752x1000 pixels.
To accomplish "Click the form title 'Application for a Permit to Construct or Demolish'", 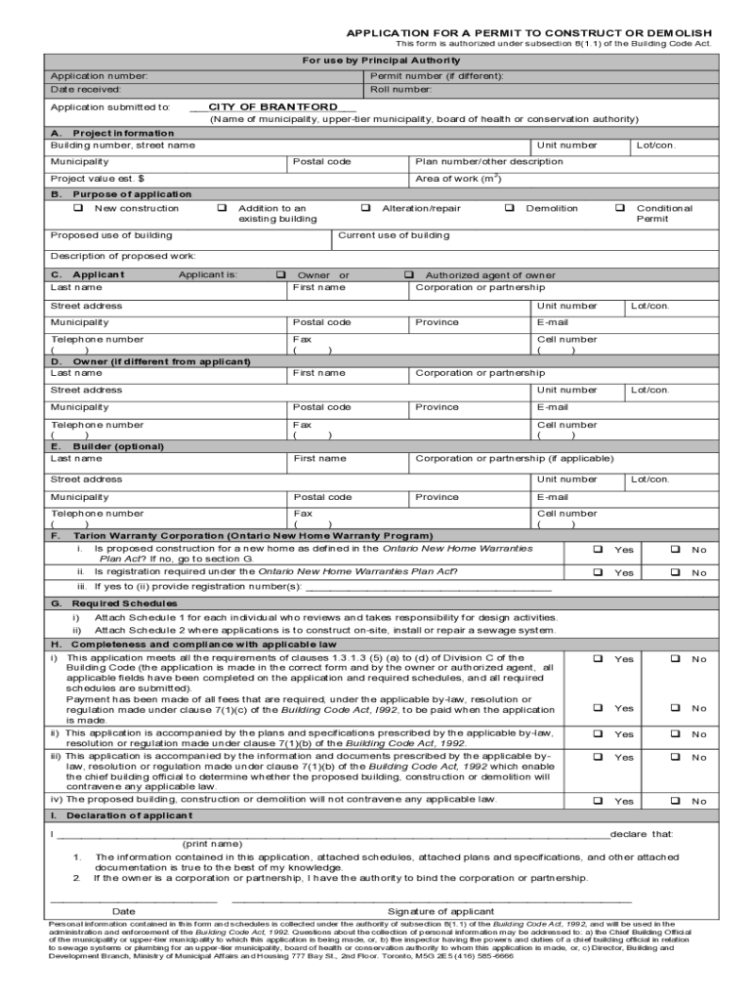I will coord(528,33).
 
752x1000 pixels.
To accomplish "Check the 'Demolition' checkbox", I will coord(510,208).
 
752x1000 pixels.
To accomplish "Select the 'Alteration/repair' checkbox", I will coord(365,208).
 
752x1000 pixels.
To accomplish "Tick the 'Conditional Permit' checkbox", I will coord(619,208).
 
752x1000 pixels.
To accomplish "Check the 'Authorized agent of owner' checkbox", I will coord(409,275).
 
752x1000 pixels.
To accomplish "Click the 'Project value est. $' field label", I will coord(98,179).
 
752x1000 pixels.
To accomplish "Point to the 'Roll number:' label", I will coord(401,89).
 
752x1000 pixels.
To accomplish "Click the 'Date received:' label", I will coord(86,89).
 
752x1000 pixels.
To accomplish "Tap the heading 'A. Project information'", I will coord(111,133).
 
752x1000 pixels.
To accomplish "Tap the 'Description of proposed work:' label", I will coord(123,256).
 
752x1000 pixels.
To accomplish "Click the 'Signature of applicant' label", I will coord(440,911).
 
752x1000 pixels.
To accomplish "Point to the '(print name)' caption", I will coord(212,844).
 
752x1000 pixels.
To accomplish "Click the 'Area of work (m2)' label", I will coord(458,179).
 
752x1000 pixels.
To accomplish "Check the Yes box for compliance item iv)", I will coord(598,801).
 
